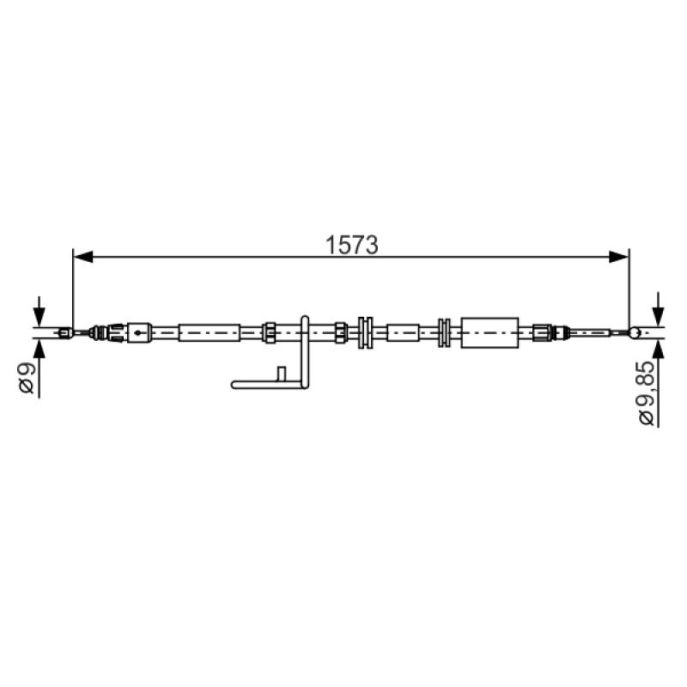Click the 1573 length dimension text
coord(351,245)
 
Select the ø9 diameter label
coord(27,379)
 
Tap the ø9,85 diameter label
coord(647,393)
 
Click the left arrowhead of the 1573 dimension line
coord(83,257)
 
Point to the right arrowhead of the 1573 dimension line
coord(619,257)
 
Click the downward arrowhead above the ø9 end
coord(39,316)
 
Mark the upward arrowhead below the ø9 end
coord(39,350)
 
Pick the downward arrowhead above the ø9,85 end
coord(658,316)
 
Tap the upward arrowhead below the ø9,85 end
coord(658,350)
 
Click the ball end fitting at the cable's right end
coord(635,333)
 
